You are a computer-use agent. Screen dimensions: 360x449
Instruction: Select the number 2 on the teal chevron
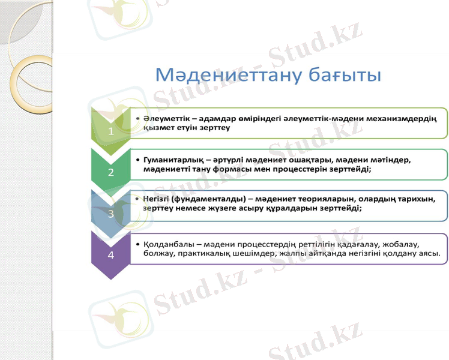point(110,173)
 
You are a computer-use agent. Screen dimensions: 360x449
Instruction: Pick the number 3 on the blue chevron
point(110,213)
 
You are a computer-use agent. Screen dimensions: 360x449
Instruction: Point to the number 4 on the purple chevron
point(110,254)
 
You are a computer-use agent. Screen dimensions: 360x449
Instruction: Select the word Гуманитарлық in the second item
point(170,161)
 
